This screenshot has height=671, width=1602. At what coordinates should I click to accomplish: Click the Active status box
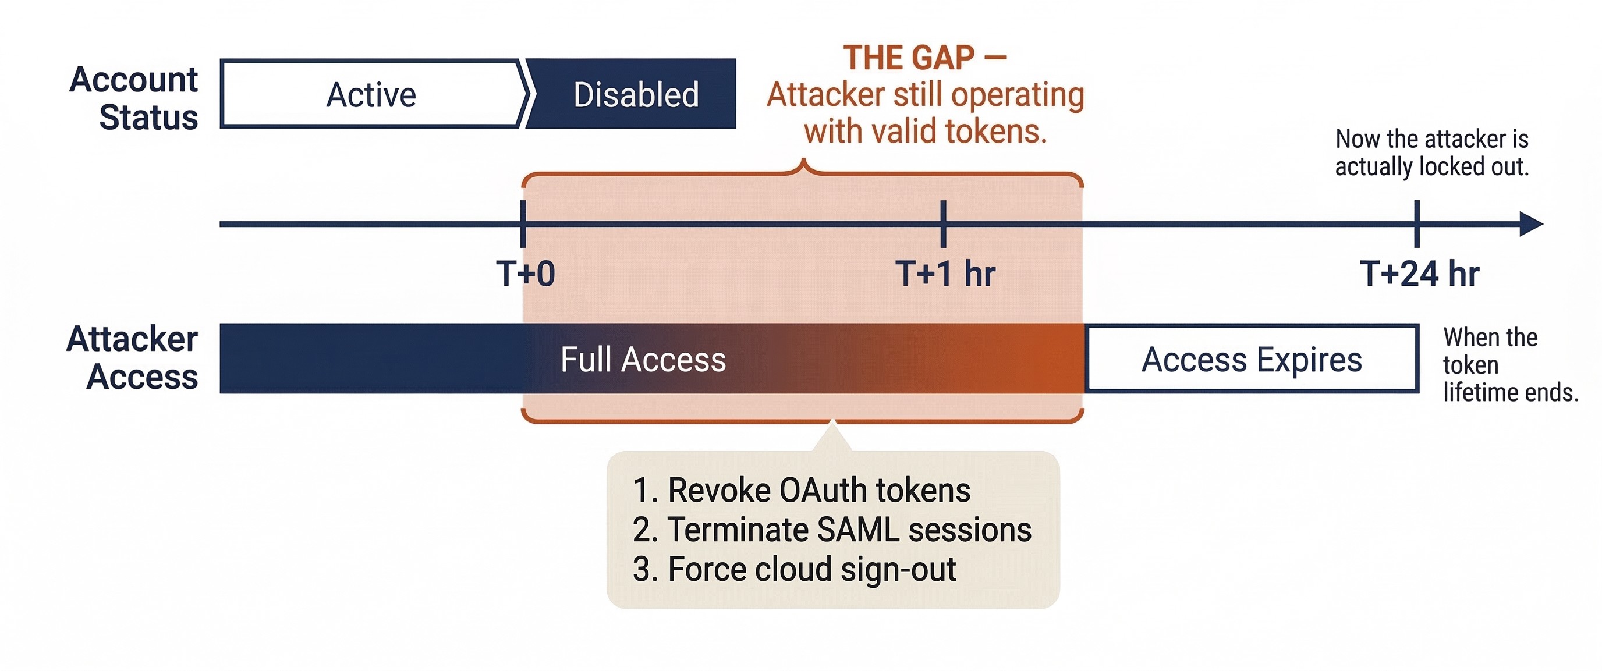tap(371, 94)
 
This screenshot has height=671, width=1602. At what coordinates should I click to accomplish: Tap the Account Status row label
tap(134, 98)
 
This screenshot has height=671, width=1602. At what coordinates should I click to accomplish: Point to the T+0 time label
tap(526, 274)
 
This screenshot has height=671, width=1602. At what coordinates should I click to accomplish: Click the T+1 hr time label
tap(945, 274)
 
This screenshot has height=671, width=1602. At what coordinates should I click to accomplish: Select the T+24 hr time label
tap(1419, 274)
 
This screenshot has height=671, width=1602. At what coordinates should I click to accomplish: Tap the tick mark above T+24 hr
tap(1417, 224)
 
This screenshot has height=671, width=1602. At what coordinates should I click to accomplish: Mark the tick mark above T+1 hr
tap(944, 224)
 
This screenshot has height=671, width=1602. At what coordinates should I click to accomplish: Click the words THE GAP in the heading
tap(909, 58)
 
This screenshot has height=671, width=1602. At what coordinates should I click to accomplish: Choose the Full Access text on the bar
tap(643, 360)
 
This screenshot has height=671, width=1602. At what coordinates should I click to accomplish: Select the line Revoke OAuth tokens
tap(801, 490)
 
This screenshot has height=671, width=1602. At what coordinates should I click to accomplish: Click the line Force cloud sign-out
tap(793, 569)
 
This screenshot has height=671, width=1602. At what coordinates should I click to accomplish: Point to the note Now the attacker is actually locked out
tap(1431, 153)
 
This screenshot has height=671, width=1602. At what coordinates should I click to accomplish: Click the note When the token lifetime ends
tap(1510, 365)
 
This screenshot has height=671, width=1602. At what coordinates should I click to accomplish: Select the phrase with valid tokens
tap(926, 132)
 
